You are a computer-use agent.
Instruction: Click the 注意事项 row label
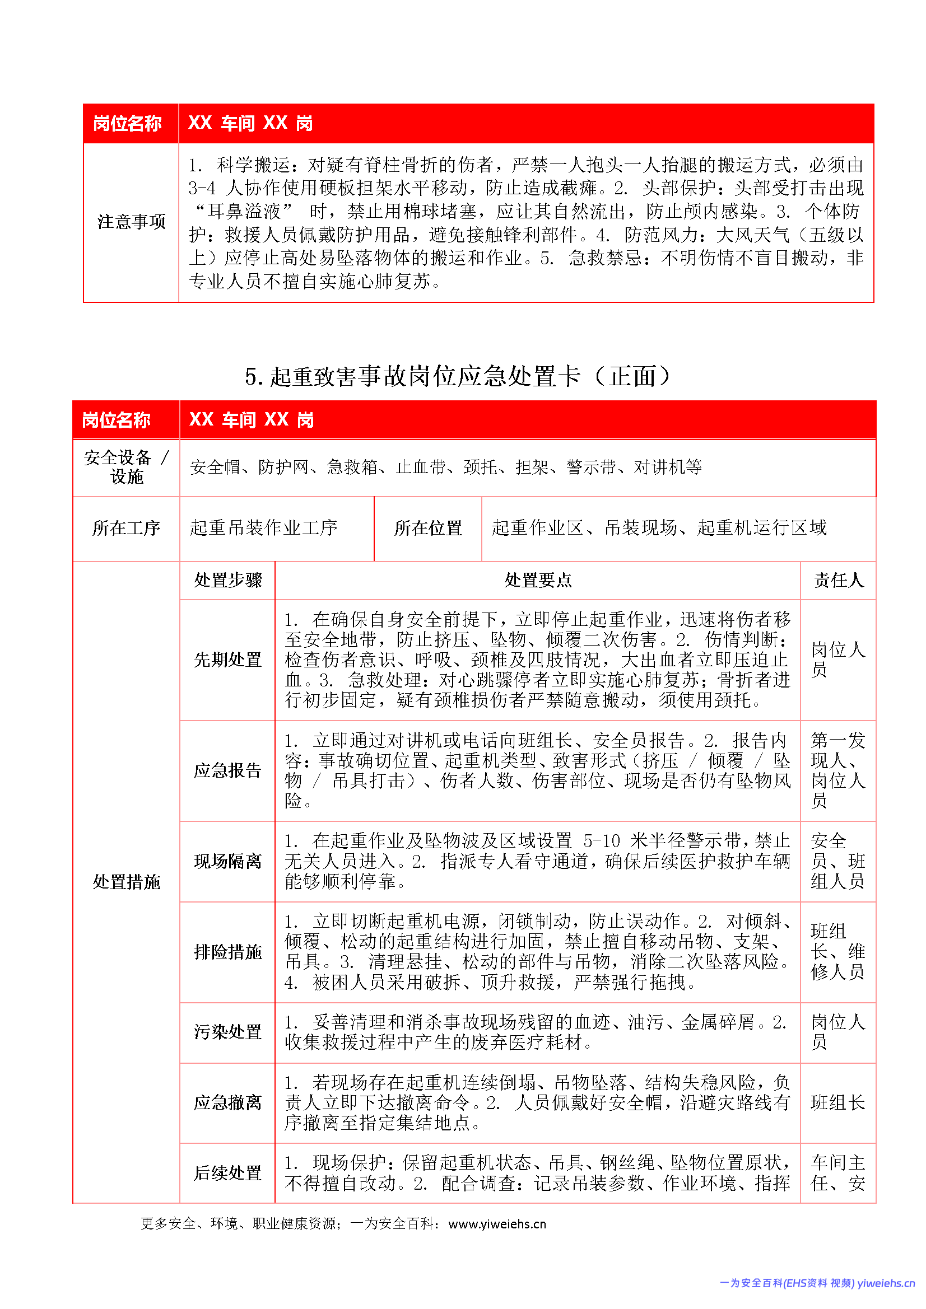(x=131, y=222)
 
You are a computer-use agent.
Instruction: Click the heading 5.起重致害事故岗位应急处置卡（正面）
(x=458, y=376)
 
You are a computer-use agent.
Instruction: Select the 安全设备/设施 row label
(x=126, y=467)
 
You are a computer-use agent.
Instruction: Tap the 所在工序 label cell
(x=126, y=528)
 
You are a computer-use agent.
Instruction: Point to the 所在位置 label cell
(x=428, y=528)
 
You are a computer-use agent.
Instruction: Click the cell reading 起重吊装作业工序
(x=264, y=528)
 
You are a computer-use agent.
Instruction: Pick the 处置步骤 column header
(x=227, y=580)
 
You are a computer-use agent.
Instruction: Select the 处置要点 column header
(x=537, y=580)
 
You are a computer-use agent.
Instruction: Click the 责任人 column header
(x=837, y=580)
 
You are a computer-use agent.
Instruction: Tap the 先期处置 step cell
(x=227, y=660)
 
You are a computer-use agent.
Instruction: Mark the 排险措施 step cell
(x=227, y=952)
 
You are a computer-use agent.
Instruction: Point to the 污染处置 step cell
(x=227, y=1032)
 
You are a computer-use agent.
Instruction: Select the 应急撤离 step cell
(x=227, y=1102)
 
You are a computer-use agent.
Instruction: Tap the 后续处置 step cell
(x=227, y=1174)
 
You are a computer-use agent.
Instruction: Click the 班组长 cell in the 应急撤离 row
(x=837, y=1102)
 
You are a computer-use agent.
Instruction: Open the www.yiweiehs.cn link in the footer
(x=497, y=1224)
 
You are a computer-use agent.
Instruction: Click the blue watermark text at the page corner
(x=817, y=1283)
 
